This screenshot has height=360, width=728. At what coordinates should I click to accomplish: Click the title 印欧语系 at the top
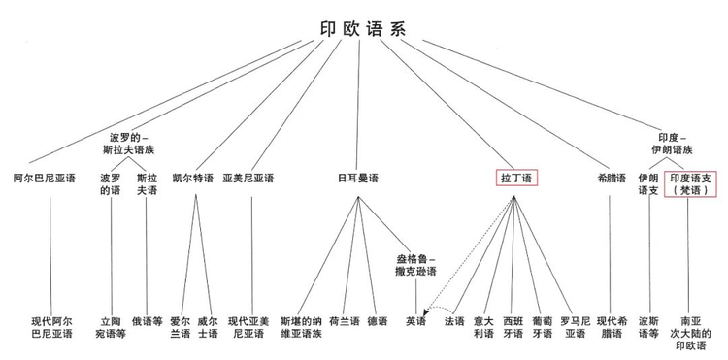coord(363,29)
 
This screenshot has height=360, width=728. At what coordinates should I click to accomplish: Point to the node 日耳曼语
coord(357,179)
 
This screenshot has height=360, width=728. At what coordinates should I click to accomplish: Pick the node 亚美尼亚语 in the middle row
coord(248,179)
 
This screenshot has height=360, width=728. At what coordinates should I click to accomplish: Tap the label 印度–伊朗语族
coord(672,144)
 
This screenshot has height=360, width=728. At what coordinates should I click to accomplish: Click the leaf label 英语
coord(415,321)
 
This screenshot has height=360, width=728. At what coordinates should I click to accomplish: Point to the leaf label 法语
coord(454,321)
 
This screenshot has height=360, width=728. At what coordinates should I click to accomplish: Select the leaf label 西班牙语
coord(513,327)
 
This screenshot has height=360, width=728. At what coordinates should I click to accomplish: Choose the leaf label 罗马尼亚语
coord(575,327)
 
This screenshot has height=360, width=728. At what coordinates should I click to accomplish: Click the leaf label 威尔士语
coord(208,327)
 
